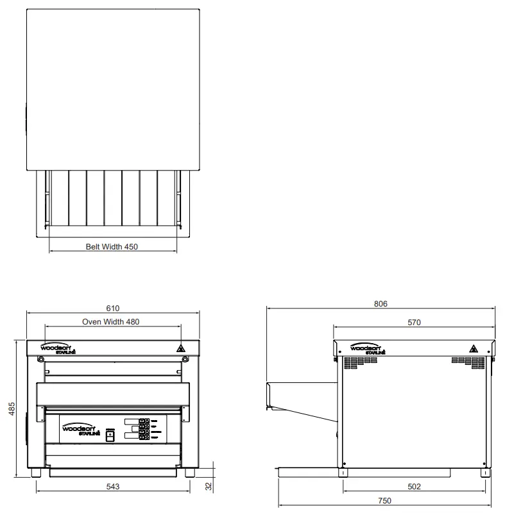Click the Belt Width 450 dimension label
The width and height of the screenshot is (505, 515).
[x=112, y=246]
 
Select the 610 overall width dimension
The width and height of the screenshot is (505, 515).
[x=113, y=308]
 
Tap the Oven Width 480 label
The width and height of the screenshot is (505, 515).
[x=111, y=321]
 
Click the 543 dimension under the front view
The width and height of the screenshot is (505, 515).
[x=113, y=487]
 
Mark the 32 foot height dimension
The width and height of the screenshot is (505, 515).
[x=208, y=487]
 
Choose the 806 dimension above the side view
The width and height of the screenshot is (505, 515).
[x=381, y=304]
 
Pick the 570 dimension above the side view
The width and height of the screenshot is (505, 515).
[x=414, y=323]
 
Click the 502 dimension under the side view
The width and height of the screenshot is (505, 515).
[x=414, y=487]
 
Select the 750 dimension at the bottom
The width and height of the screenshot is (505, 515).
[x=385, y=501]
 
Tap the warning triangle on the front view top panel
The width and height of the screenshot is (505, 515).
[x=182, y=349]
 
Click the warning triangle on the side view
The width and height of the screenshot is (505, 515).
[x=474, y=349]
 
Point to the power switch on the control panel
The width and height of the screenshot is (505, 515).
[x=110, y=435]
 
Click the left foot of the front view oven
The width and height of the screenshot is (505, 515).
[x=36, y=473]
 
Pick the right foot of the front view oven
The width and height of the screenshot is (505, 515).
[x=190, y=473]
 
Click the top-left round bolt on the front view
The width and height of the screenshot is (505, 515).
[x=41, y=360]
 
